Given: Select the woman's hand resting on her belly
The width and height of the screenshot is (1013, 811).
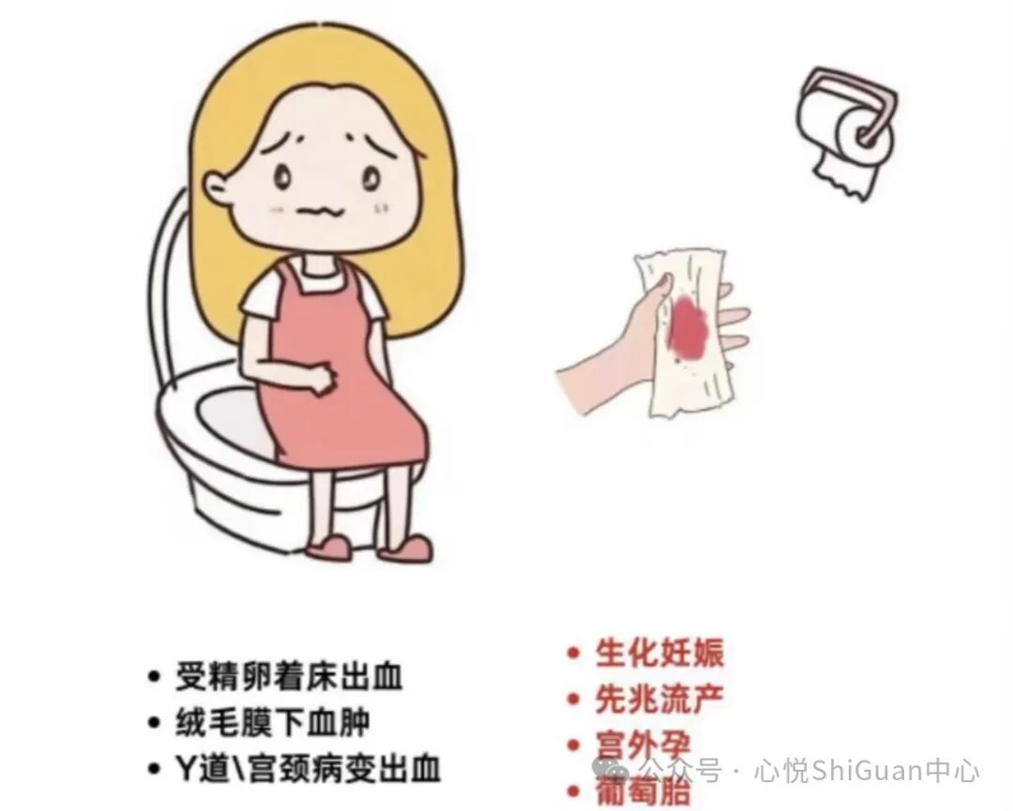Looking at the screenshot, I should pos(323,379).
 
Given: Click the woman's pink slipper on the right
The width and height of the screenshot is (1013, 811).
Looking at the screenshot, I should pos(405,548).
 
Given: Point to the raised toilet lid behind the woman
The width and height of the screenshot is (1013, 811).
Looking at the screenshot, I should pos(170,281).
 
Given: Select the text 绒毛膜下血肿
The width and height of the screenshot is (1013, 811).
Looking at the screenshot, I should pos(272,722).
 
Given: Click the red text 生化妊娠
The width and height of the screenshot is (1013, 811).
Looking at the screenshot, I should pos(659,653).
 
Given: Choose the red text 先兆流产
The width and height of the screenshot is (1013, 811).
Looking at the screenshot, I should pos(659,699).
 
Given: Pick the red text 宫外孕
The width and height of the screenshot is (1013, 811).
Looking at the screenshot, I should pos(643,746).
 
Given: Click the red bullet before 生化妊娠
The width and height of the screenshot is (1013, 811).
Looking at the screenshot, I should pos(573,653).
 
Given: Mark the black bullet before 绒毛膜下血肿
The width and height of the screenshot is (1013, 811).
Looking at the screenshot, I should pos(155,723).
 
